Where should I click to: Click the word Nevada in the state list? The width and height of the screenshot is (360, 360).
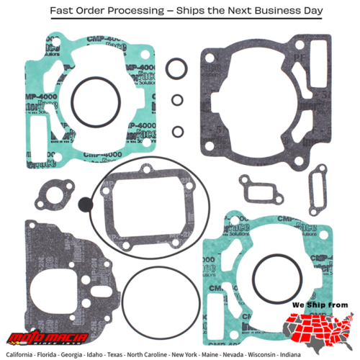[x=256, y=354]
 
